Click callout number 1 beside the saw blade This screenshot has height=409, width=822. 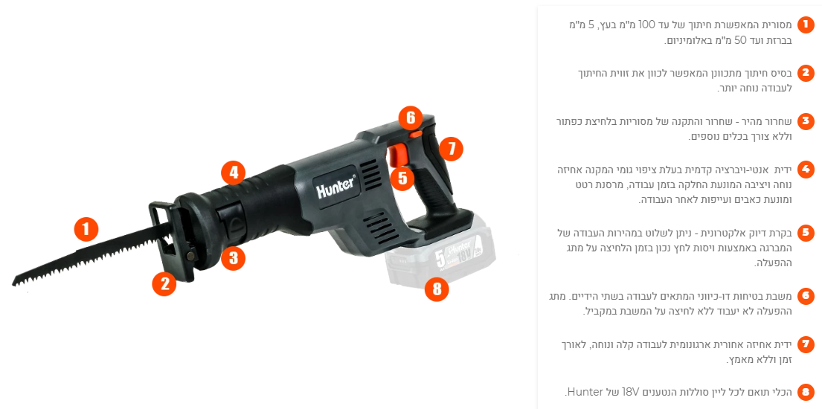click(86, 230)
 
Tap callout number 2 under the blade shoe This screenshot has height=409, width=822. click(164, 283)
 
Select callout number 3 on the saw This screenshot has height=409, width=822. click(233, 257)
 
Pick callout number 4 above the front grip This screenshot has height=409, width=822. click(234, 172)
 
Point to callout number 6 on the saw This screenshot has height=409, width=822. click(411, 117)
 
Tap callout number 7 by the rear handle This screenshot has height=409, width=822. click(451, 149)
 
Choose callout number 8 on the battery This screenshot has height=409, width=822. click(437, 288)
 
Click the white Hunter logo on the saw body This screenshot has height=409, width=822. click(336, 187)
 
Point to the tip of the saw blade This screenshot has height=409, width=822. click(14, 283)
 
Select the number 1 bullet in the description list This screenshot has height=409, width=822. click(806, 24)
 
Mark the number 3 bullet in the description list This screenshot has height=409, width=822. click(806, 122)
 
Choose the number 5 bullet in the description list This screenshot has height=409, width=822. click(806, 233)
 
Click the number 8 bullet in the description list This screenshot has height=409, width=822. click(806, 392)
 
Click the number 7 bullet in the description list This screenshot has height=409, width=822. click(806, 344)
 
